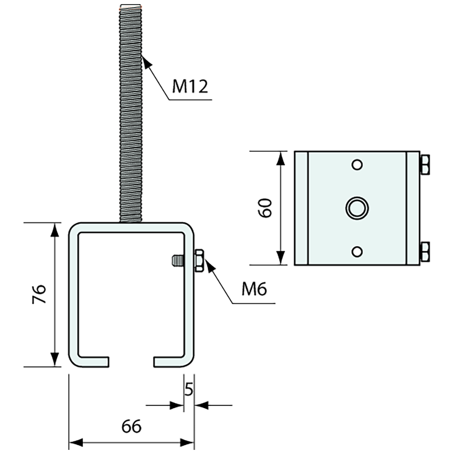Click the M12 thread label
point(190,86)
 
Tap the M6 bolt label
point(254,288)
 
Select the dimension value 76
point(39,294)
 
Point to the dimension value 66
point(131,426)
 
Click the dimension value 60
point(265,208)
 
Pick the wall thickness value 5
point(189,390)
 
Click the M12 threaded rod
point(130,113)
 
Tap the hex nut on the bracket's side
point(199,260)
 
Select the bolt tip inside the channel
point(177,260)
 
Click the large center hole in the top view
point(357,208)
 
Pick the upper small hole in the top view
point(357,165)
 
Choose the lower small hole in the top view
point(357,251)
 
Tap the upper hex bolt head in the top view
point(425,165)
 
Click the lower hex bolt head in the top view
point(425,251)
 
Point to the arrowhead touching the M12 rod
point(147,61)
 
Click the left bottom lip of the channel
point(92,362)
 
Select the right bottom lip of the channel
point(169,362)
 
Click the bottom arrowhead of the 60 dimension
point(280,258)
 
